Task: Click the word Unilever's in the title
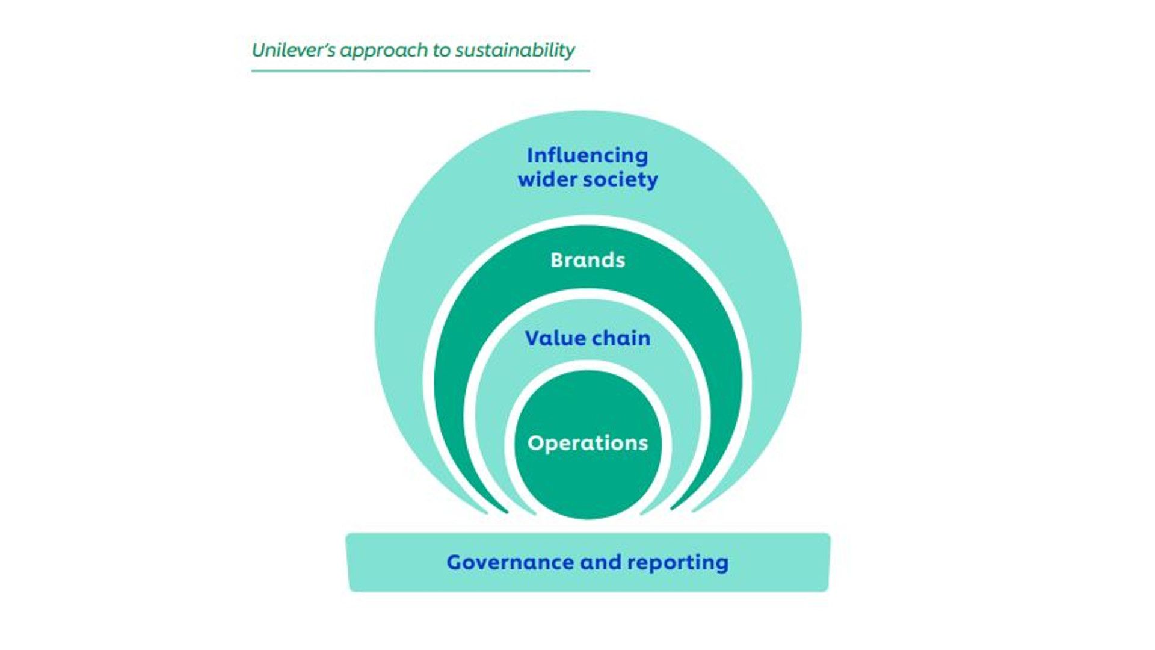tap(293, 50)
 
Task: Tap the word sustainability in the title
tap(515, 50)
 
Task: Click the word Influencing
tap(587, 155)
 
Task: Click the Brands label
tap(588, 260)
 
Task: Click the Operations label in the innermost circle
tap(588, 443)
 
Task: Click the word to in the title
tap(441, 51)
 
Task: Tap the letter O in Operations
tap(535, 443)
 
